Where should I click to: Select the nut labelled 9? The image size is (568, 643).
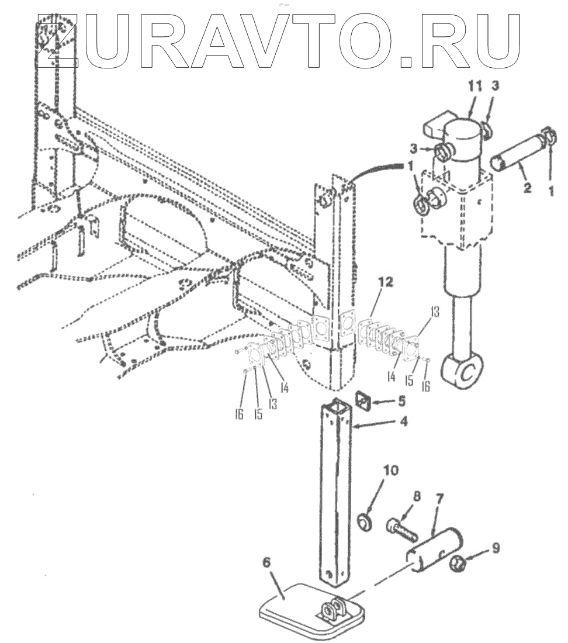point(459,564)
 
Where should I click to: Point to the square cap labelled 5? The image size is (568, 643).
point(363,402)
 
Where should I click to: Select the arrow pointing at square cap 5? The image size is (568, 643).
point(384,402)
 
